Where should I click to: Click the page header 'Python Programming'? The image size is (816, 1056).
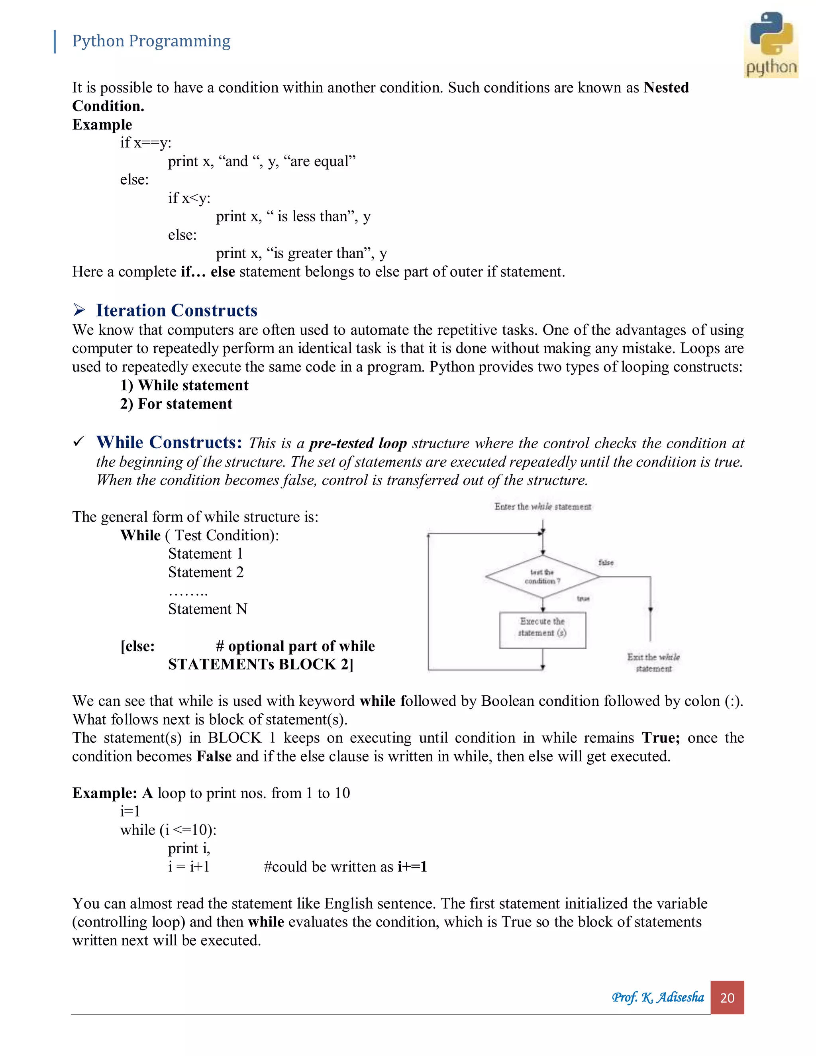point(151,41)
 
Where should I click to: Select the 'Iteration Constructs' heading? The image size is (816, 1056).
point(177,310)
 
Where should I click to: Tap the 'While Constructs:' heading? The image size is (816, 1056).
point(169,442)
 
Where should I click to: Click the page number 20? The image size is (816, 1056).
point(727,997)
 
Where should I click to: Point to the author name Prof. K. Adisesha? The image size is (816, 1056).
point(657,997)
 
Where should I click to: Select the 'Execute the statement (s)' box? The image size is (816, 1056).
point(542,630)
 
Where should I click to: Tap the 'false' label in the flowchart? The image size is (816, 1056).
point(606,562)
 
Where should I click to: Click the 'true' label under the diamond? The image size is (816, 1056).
point(583,599)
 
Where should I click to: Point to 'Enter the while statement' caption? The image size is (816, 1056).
point(542,506)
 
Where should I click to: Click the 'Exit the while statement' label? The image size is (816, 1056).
point(653,662)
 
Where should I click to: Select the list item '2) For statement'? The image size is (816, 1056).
point(176,404)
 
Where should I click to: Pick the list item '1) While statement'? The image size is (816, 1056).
point(184,385)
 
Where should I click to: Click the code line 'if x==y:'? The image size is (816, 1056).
point(145,143)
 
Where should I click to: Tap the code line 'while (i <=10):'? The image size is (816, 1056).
point(168,830)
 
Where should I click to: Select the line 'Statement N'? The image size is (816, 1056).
point(207,609)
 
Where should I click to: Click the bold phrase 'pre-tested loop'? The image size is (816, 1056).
point(358,444)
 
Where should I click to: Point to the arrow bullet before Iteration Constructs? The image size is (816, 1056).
point(79,310)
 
